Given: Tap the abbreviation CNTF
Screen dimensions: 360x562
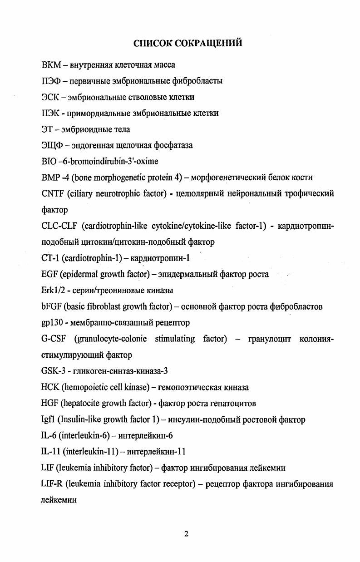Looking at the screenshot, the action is (52, 193).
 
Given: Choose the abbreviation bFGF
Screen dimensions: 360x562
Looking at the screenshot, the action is (51, 306).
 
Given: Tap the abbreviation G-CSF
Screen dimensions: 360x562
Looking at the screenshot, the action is (54, 339).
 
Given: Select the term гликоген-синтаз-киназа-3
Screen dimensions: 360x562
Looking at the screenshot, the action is (119, 371).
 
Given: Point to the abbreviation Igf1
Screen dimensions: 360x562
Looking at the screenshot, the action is (47, 419).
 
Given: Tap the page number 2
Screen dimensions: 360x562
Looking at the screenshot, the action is (186, 534).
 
